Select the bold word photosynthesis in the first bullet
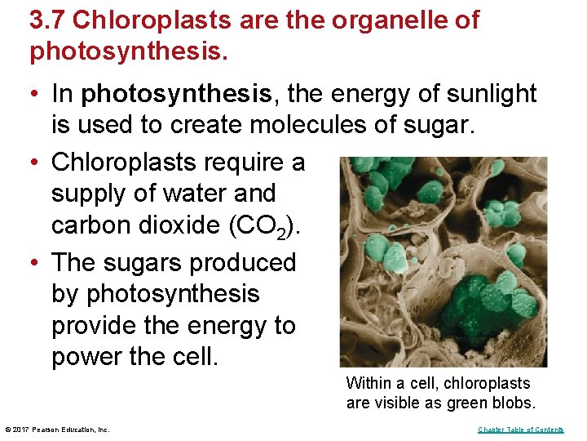point(178,94)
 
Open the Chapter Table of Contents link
point(520,430)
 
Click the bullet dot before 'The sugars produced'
point(35,263)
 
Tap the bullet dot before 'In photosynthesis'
point(35,94)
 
